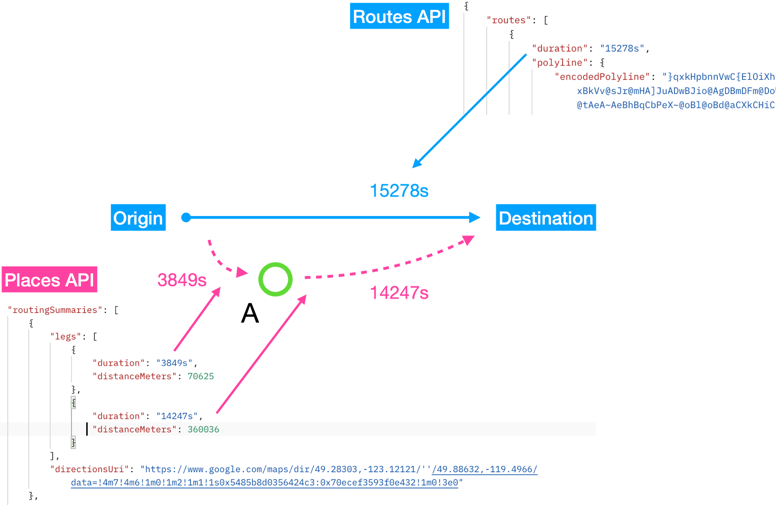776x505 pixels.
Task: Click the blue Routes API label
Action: (399, 16)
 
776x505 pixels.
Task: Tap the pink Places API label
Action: (49, 279)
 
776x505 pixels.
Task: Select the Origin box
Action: (138, 218)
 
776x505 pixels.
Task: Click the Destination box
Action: (546, 218)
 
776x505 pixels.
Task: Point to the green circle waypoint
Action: (275, 279)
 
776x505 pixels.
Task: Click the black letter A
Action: (250, 313)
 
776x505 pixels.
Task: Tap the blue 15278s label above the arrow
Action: (399, 191)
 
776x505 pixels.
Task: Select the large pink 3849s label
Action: (182, 280)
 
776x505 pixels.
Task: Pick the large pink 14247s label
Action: (399, 293)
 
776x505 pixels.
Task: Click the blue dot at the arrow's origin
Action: (186, 218)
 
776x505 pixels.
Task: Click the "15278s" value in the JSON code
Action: (622, 48)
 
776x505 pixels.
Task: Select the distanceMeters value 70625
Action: (201, 376)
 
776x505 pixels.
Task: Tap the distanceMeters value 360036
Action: (203, 429)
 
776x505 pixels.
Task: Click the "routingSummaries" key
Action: (55, 310)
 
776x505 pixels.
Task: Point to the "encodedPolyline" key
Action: (602, 77)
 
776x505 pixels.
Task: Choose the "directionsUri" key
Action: (89, 469)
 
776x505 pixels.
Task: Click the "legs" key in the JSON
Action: (66, 337)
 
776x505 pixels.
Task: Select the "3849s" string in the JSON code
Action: (174, 363)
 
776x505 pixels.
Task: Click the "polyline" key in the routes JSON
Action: (559, 62)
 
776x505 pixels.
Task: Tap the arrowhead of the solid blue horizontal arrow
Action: (475, 218)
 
